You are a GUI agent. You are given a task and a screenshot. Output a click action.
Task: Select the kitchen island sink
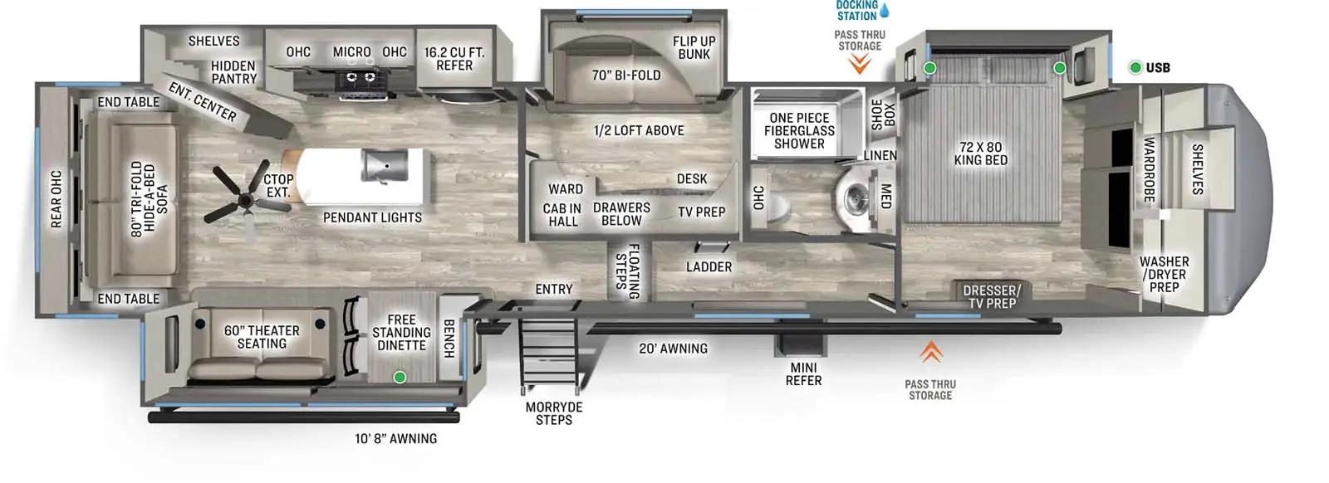385,165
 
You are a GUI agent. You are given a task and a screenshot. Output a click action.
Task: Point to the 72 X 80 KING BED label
980,154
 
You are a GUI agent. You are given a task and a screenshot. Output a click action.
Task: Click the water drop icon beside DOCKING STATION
885,11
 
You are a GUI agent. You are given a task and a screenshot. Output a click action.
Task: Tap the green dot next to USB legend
1135,68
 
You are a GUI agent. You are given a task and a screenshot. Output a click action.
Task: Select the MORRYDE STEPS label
554,413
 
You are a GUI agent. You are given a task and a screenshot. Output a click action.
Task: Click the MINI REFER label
803,373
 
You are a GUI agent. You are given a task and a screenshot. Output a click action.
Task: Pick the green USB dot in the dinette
400,378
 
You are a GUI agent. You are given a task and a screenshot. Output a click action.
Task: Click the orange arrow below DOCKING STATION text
860,63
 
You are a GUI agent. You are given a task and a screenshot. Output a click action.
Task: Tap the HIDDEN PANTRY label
233,72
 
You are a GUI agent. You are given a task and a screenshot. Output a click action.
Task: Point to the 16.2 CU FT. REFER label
454,58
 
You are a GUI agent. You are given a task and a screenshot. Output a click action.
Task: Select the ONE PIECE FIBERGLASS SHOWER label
799,130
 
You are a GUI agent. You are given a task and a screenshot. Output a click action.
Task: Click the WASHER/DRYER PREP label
1164,274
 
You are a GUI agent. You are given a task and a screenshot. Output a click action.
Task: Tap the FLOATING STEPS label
627,271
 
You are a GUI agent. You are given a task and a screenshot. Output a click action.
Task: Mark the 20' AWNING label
673,349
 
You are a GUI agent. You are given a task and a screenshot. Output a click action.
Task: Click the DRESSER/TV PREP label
992,296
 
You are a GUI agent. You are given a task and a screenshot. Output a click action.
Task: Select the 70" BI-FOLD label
625,76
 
